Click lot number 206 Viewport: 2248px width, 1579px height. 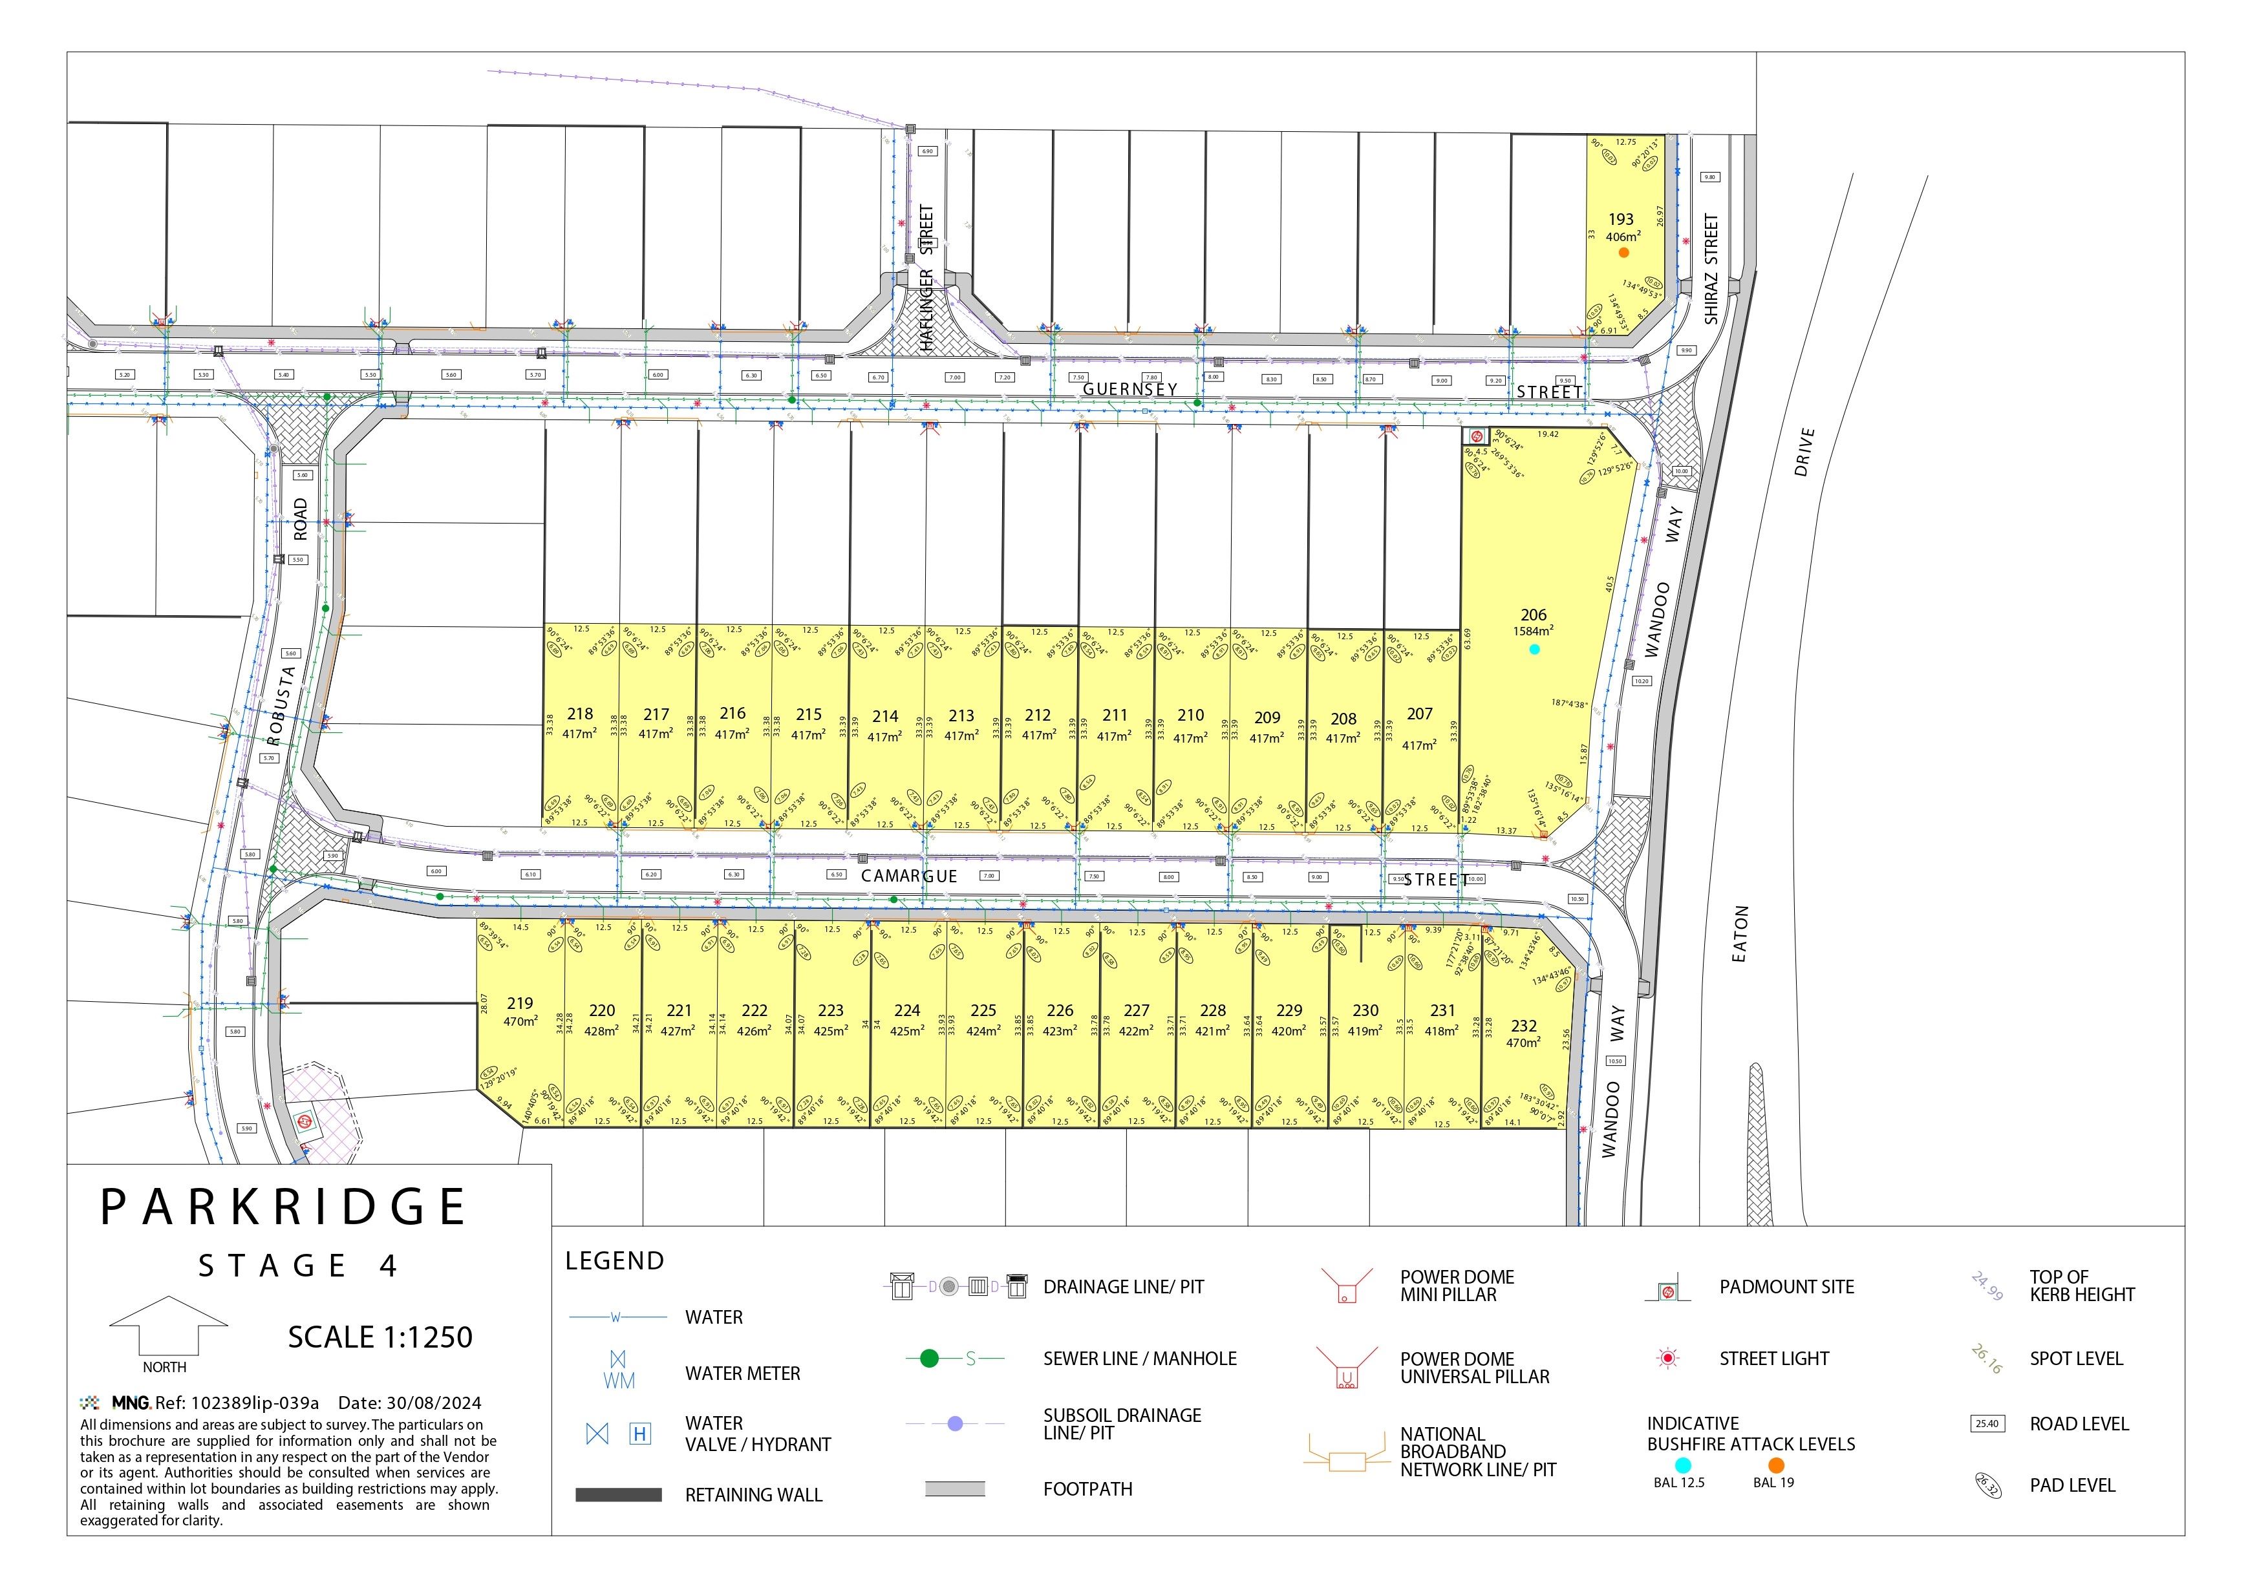1534,615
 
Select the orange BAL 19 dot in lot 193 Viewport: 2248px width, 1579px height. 1623,253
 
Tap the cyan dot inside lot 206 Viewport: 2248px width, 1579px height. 1534,649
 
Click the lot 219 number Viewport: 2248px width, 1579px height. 520,1003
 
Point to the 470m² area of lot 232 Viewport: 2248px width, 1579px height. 1523,1043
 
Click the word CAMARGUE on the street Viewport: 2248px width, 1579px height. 908,876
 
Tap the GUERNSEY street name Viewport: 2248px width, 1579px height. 1129,388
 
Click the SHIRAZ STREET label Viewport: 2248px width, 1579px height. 1711,270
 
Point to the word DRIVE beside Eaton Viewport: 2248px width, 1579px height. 1803,452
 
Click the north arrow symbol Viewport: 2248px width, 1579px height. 167,1326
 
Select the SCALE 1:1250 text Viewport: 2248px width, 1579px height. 380,1337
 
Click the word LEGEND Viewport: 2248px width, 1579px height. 615,1261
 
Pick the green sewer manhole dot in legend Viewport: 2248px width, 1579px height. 929,1359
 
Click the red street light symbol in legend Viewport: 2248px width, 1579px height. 1668,1359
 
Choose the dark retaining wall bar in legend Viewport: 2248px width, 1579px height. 618,1495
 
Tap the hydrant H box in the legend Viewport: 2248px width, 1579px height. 639,1434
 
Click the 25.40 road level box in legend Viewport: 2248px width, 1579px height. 1987,1425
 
